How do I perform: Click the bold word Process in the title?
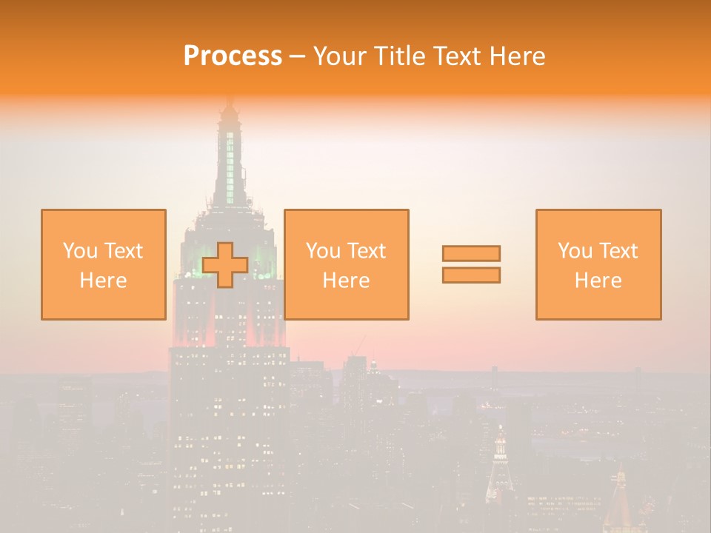click(x=233, y=56)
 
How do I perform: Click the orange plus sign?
click(x=225, y=265)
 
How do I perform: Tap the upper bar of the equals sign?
click(x=471, y=253)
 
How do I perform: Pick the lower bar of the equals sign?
click(x=471, y=275)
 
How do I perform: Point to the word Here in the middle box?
click(x=347, y=281)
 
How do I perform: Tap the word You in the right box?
click(x=575, y=251)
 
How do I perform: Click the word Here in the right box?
click(x=598, y=281)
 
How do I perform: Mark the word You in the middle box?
click(x=323, y=251)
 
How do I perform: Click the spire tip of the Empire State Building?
click(x=230, y=100)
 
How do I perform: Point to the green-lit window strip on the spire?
click(x=230, y=167)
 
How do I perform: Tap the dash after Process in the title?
click(x=297, y=57)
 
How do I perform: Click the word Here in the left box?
click(x=104, y=281)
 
